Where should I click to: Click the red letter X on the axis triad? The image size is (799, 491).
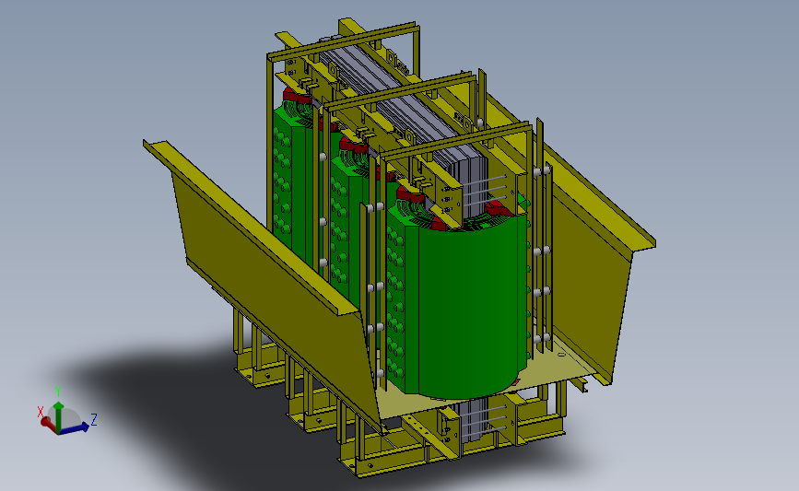click(40, 410)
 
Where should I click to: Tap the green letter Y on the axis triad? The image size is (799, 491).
click(58, 391)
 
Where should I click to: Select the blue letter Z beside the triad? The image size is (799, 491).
click(95, 419)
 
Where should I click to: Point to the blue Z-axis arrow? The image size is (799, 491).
click(77, 426)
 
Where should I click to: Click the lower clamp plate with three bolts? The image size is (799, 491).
click(451, 427)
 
